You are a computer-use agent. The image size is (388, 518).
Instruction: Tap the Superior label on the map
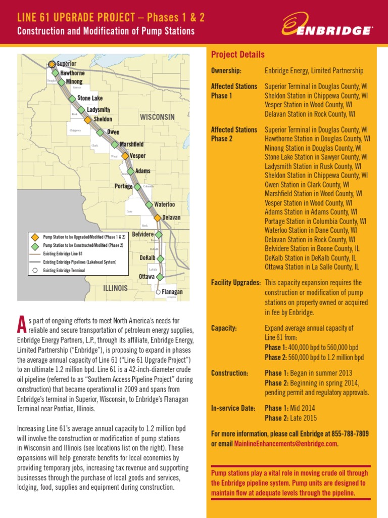pyautogui.click(x=67, y=64)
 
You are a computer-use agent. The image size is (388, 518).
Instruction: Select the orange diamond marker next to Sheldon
pyautogui.click(x=87, y=120)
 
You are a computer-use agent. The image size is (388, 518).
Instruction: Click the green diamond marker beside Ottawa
pyautogui.click(x=160, y=277)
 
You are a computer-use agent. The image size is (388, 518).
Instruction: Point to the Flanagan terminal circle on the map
pyautogui.click(x=158, y=292)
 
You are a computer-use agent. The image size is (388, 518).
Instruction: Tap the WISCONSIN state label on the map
pyautogui.click(x=157, y=117)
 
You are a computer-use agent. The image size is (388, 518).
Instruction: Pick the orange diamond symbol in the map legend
pyautogui.click(x=35, y=237)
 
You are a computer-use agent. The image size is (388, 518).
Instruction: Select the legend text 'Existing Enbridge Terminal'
pyautogui.click(x=64, y=271)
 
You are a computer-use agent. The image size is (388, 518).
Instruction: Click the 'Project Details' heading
pyautogui.click(x=237, y=55)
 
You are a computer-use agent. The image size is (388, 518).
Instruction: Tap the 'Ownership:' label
pyautogui.click(x=226, y=71)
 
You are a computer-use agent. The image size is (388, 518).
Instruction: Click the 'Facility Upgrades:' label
pyautogui.click(x=235, y=282)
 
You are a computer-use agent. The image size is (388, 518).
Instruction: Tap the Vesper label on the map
pyautogui.click(x=138, y=156)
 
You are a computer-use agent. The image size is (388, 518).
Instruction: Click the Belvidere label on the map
pyautogui.click(x=142, y=235)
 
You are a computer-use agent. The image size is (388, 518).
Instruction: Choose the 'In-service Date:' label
pyautogui.click(x=233, y=408)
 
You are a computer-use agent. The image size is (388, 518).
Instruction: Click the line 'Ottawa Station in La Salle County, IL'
pyautogui.click(x=312, y=267)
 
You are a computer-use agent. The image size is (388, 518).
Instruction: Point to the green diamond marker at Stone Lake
pyautogui.click(x=72, y=99)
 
